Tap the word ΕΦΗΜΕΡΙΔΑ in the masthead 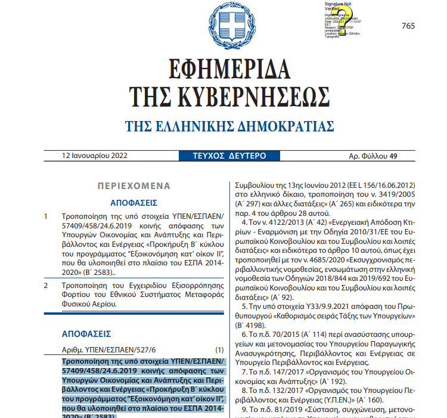coord(223,70)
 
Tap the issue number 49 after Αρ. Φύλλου coord(393,156)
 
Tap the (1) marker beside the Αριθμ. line coord(219,349)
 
